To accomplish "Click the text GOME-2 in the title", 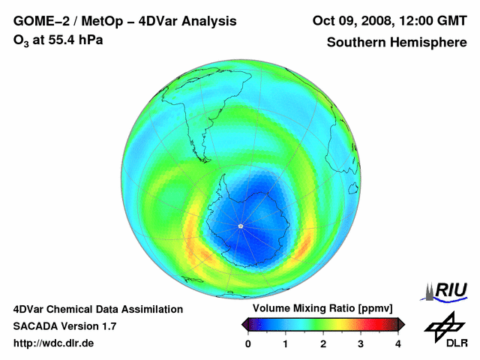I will pos(39,21).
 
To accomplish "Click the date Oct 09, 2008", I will pos(351,21).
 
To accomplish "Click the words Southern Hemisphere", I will pos(397,43).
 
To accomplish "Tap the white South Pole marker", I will pos(240,226).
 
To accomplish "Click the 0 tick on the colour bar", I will pos(248,343).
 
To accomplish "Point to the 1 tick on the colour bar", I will pos(286,343).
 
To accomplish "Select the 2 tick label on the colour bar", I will pos(323,343).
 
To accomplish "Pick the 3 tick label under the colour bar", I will pos(361,343).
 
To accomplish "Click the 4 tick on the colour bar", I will pos(398,343).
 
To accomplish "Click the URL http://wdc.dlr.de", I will pos(54,343).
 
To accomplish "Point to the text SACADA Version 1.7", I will pos(64,326).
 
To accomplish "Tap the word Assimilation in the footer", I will pos(153,309).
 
